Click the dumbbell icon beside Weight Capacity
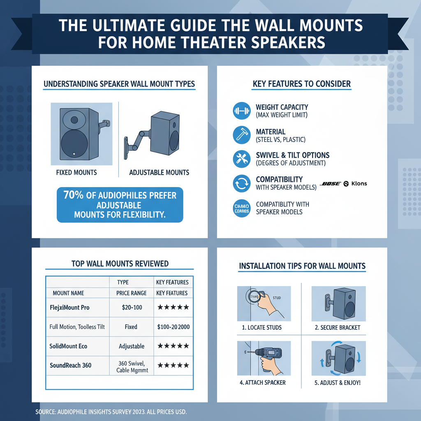point(241,111)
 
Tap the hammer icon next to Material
point(241,135)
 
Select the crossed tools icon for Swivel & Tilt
point(241,159)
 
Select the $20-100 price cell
point(131,307)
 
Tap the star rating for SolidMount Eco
point(173,346)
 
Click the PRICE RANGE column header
point(131,293)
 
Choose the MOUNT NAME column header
point(68,293)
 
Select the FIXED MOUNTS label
point(76,173)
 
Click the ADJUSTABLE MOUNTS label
point(159,173)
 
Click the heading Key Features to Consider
point(302,84)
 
